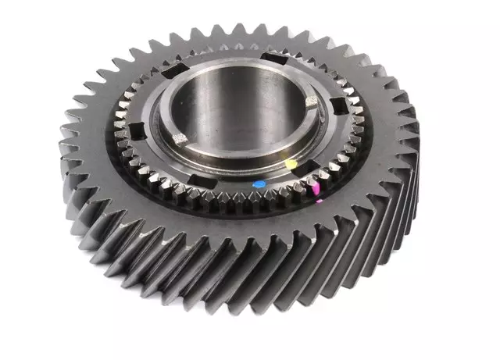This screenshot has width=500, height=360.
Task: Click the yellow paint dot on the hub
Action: pos(291,165)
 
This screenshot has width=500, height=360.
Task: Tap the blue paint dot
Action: pos(259,185)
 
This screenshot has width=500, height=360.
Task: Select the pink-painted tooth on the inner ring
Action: pos(316,188)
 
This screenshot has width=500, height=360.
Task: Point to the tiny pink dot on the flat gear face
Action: pos(319,201)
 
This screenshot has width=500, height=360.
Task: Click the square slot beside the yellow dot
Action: pos(308,165)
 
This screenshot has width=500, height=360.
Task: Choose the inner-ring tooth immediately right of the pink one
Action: pos(327,181)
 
